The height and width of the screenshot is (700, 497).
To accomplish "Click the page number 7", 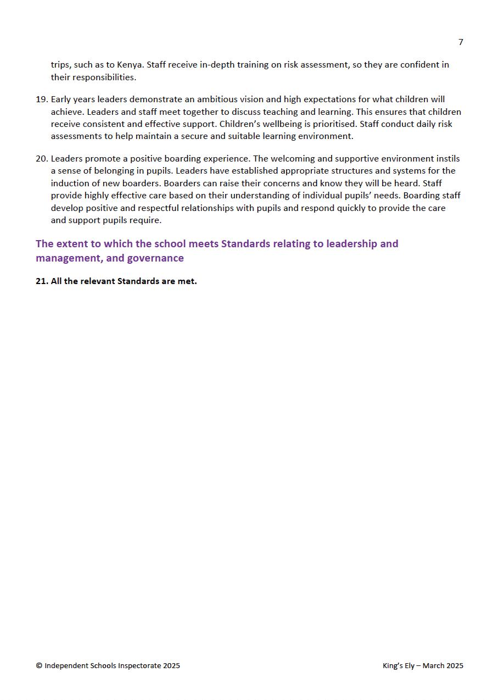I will point(460,42).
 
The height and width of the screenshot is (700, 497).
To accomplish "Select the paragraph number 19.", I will point(41,99).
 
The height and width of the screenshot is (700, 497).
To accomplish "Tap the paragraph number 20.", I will point(41,159).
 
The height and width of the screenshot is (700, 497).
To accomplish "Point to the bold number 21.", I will point(41,281).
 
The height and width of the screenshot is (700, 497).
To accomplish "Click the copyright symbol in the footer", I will point(39,666).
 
